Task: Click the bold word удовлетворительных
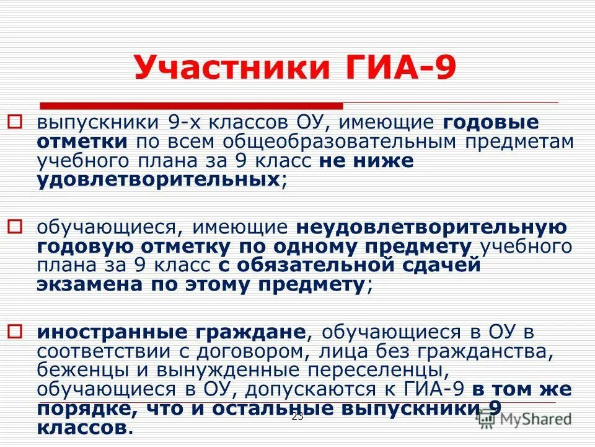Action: point(159,181)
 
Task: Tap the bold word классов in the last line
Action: point(82,428)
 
